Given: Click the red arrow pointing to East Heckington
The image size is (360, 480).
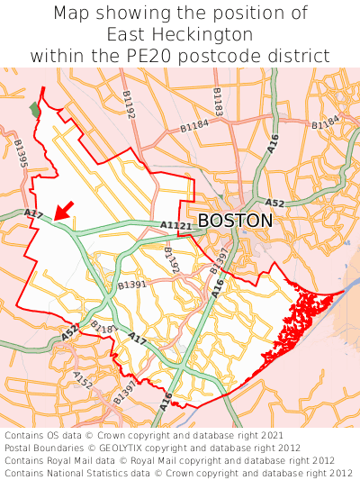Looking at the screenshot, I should [x=62, y=210].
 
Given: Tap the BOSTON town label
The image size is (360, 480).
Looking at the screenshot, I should [x=235, y=221].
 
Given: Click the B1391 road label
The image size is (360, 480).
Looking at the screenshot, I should [x=131, y=285].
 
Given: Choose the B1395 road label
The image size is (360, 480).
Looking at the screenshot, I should [x=21, y=154].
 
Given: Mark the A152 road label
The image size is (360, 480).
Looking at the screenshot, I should [x=83, y=381].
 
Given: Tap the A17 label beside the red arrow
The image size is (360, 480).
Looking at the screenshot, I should [x=33, y=213].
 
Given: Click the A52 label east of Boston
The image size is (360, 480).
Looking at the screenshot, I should [x=275, y=204].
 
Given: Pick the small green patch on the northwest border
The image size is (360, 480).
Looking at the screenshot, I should [x=35, y=109].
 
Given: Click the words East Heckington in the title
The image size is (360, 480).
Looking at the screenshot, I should [x=180, y=34].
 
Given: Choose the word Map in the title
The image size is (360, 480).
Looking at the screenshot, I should [x=71, y=14].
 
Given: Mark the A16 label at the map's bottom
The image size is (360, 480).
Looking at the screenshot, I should [x=166, y=401].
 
